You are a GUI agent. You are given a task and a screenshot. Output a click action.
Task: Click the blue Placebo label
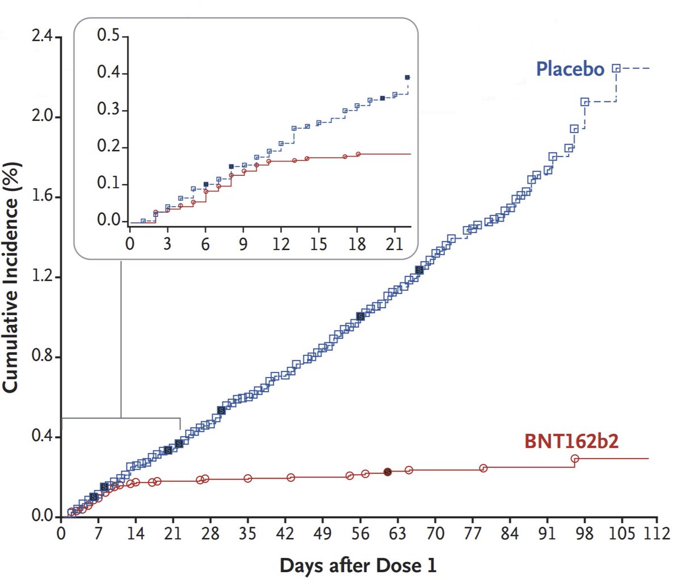(x=570, y=69)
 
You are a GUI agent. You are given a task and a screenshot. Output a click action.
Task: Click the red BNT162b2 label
(x=571, y=441)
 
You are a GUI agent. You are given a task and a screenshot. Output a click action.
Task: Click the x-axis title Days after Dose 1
(x=358, y=565)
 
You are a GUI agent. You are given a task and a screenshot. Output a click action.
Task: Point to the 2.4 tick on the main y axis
(x=42, y=37)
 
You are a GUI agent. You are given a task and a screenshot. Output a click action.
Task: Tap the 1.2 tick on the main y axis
(x=42, y=277)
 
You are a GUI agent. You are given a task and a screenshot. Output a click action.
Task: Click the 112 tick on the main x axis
(x=658, y=534)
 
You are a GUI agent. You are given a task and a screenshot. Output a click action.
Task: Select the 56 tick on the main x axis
(x=360, y=534)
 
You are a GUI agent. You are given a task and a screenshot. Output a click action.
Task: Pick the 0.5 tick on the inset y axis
(x=112, y=36)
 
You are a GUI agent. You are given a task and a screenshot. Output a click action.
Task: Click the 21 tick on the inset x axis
(x=394, y=244)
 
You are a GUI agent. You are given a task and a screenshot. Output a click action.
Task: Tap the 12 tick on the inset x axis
(x=281, y=244)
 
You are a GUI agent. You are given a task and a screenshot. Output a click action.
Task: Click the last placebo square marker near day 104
(x=616, y=68)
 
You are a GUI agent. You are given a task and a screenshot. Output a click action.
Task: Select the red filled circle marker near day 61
(x=388, y=472)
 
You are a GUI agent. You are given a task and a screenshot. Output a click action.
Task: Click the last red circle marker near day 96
(x=575, y=459)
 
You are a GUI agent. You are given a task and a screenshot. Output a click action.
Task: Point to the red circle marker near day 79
(x=483, y=468)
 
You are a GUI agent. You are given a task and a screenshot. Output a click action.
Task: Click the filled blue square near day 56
(x=360, y=316)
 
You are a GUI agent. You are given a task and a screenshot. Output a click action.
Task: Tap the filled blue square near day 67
(x=419, y=270)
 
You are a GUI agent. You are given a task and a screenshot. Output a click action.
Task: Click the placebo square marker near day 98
(x=585, y=102)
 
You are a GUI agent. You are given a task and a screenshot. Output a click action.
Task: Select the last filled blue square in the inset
(x=407, y=77)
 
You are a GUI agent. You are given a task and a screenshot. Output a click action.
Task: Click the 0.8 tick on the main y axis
(x=42, y=357)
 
